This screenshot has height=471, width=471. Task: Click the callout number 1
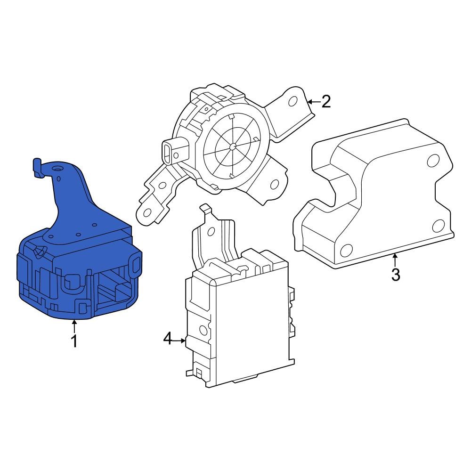click(74, 341)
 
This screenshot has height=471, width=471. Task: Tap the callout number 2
click(325, 101)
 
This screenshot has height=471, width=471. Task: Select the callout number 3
click(396, 274)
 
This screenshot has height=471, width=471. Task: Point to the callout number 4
click(168, 338)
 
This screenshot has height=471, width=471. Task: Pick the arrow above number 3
click(396, 259)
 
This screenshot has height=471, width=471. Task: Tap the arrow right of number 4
click(180, 339)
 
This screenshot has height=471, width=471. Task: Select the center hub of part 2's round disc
click(233, 146)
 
